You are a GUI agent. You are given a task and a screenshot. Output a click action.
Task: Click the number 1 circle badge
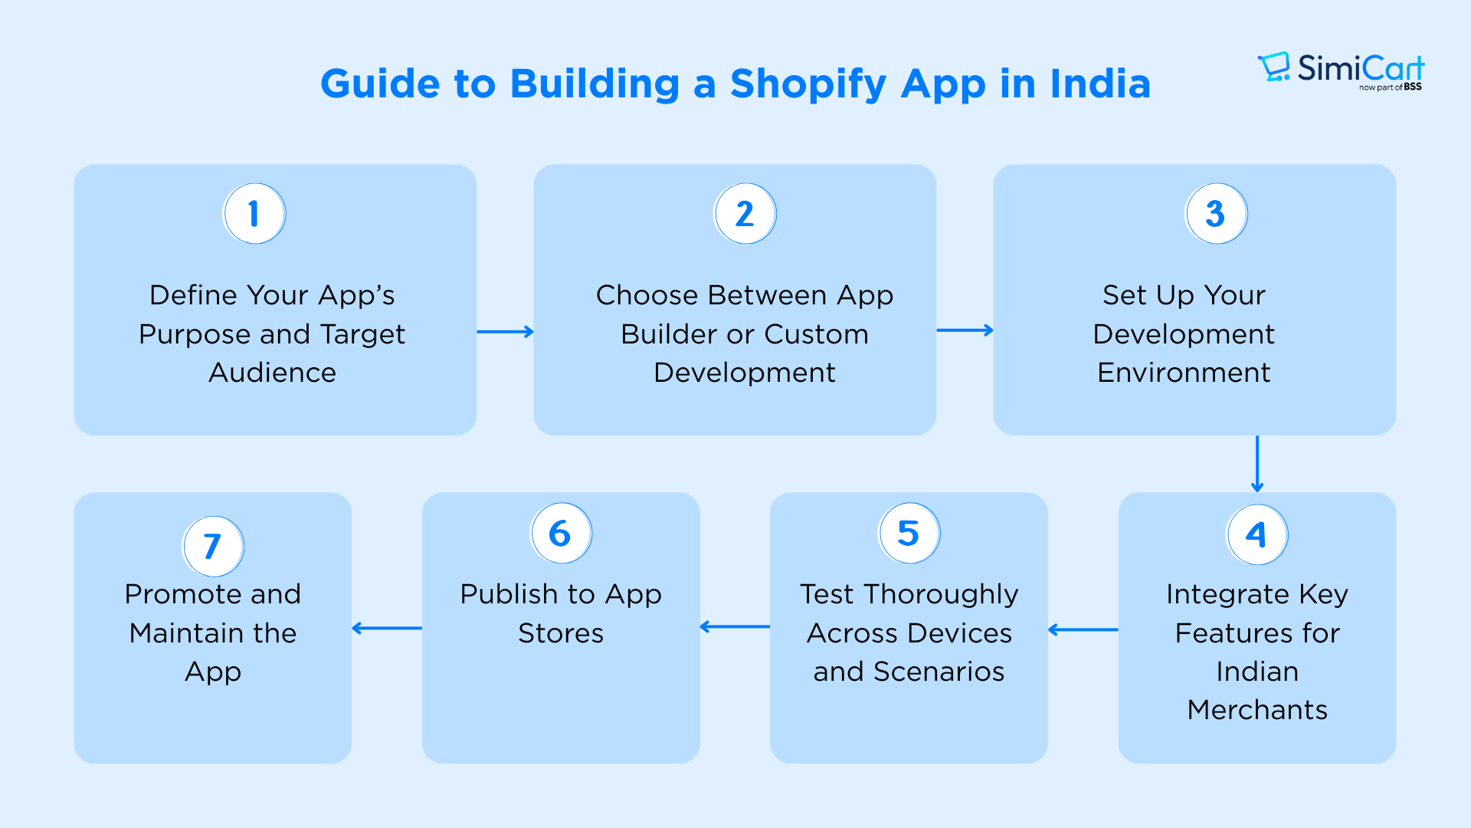point(254,214)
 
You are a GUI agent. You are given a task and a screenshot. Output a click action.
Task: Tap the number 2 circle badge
point(745,214)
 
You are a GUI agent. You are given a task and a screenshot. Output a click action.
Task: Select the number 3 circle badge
point(1217,214)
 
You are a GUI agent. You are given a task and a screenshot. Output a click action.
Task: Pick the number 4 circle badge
point(1257,534)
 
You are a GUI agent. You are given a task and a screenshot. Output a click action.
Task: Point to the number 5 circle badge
point(909,533)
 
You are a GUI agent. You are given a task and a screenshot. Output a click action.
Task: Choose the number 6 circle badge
point(562,533)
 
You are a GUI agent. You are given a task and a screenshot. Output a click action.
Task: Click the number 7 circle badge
point(214,546)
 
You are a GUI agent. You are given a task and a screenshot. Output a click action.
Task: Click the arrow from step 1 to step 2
point(505,332)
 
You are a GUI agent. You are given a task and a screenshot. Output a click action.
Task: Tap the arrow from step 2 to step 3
point(965,330)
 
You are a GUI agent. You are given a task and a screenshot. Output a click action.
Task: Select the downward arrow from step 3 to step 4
point(1257,464)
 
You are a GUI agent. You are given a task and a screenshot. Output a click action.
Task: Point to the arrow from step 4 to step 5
point(1083,630)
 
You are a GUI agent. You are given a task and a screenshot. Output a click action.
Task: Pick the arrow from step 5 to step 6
point(735,627)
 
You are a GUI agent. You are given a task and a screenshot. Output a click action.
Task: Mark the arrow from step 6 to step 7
point(387,628)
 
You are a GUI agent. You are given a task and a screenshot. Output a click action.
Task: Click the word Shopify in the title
point(808,84)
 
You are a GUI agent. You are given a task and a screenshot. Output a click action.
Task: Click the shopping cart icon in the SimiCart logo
point(1275,67)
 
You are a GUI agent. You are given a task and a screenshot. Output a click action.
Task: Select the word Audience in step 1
point(273,373)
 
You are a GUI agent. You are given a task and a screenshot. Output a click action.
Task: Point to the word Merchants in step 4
point(1257,710)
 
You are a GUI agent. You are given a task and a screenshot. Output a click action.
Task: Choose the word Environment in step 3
point(1184,373)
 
